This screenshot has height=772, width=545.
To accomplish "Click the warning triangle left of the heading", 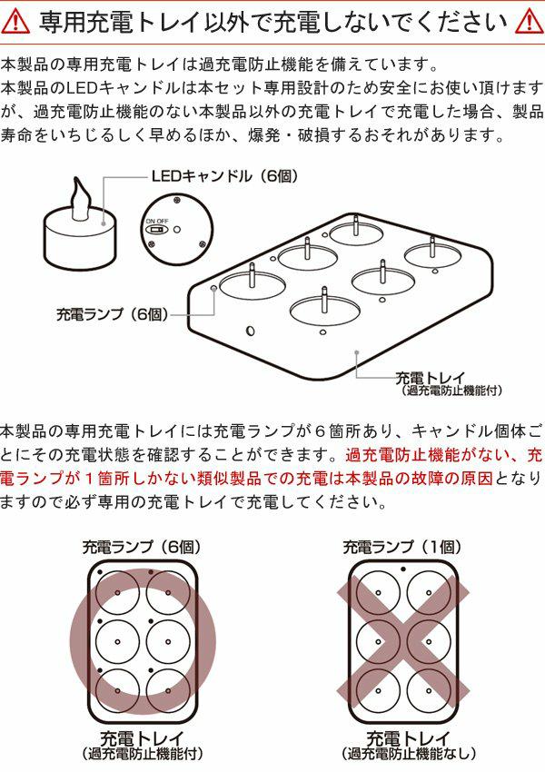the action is click(15, 22).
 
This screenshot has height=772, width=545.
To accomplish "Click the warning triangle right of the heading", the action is click(530, 22).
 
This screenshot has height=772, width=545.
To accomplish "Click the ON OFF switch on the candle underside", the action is click(157, 230).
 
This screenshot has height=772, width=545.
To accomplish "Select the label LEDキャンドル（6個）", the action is click(224, 176).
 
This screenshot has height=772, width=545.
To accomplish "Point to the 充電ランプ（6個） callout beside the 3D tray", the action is click(113, 314).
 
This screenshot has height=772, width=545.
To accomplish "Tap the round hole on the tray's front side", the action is click(250, 330).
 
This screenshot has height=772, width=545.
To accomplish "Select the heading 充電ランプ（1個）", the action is click(402, 547).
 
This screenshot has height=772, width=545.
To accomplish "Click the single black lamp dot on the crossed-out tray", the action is click(403, 569).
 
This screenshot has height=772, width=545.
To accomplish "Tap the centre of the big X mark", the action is click(403, 641).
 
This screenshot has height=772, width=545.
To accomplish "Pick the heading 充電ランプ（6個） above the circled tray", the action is click(142, 547).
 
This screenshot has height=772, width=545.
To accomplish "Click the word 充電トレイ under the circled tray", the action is click(143, 738).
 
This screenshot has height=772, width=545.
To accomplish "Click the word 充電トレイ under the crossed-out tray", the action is click(408, 738).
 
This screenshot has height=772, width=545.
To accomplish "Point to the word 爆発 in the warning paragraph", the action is click(264, 135).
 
